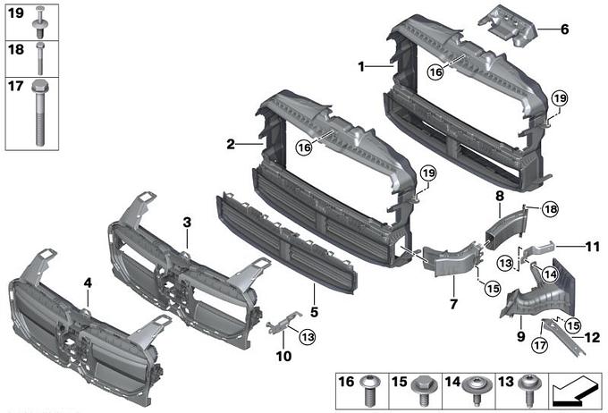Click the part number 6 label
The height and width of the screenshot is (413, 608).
pos(564,29)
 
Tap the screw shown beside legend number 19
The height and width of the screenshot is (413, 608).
pos(39,22)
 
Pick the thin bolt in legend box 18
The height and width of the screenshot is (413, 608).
pos(40,58)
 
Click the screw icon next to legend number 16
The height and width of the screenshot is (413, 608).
pos(367,391)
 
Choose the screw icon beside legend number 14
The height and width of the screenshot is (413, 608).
pos(477,391)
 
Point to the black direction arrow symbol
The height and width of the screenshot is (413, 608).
pos(575,391)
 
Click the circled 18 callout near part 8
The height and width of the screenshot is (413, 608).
pos(550,210)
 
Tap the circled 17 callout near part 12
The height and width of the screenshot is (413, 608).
pos(540,345)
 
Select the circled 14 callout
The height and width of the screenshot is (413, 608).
pos(550,274)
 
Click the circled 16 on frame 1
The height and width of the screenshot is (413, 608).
pos(435,72)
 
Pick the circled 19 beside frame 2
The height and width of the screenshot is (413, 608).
pos(428,173)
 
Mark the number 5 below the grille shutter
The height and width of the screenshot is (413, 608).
pos(314,312)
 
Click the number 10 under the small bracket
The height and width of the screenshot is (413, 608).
pos(283,356)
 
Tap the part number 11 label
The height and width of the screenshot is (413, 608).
pos(592,247)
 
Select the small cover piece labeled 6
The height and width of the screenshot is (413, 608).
pos(508,27)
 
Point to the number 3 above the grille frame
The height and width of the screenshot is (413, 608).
pos(187,223)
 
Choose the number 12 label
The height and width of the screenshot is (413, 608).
pos(592,337)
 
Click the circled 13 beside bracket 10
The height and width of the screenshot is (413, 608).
pos(308,337)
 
